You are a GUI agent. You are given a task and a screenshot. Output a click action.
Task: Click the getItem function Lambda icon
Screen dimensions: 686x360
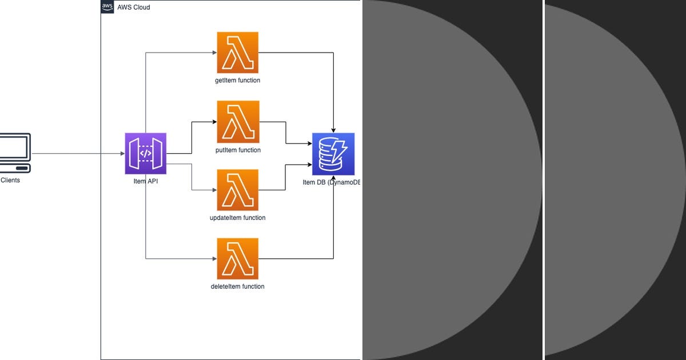coord(238,53)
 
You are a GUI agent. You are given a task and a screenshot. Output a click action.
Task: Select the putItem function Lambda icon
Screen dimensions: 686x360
coord(238,122)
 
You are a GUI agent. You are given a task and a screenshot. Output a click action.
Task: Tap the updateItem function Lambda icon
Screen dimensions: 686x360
coord(238,190)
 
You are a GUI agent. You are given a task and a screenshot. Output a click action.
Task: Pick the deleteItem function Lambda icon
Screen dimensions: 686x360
coord(238,259)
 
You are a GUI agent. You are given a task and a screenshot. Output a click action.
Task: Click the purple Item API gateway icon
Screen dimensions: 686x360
coord(146,153)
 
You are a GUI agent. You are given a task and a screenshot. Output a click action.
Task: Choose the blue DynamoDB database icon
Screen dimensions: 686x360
coord(333,154)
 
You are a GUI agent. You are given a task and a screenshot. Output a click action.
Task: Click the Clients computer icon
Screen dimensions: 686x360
coord(15,153)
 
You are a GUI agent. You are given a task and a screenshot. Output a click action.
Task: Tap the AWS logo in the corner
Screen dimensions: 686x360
coord(107,7)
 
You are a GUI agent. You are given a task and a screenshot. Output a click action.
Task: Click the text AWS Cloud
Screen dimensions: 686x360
coord(134,7)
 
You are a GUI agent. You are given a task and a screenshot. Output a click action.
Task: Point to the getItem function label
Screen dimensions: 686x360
coord(238,80)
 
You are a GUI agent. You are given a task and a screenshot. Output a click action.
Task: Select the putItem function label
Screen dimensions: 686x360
coord(238,150)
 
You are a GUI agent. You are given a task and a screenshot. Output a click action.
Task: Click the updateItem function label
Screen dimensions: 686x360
coord(238,218)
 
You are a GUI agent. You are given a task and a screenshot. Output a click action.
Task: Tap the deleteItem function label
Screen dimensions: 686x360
coord(238,286)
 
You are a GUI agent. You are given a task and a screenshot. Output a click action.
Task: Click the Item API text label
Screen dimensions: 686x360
coord(146,181)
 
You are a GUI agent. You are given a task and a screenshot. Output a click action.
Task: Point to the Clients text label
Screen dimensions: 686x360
coord(10,181)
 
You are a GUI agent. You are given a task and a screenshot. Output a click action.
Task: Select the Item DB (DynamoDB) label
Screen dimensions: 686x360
coord(332,182)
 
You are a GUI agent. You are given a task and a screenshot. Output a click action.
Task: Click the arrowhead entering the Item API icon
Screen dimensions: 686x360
coord(123,153)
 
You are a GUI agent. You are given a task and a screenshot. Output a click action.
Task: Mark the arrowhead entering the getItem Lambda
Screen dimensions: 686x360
coord(215,53)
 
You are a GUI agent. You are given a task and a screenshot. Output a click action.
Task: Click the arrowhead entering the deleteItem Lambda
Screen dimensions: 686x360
coord(215,259)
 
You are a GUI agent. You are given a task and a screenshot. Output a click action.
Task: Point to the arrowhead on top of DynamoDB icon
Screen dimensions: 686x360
coord(333,130)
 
